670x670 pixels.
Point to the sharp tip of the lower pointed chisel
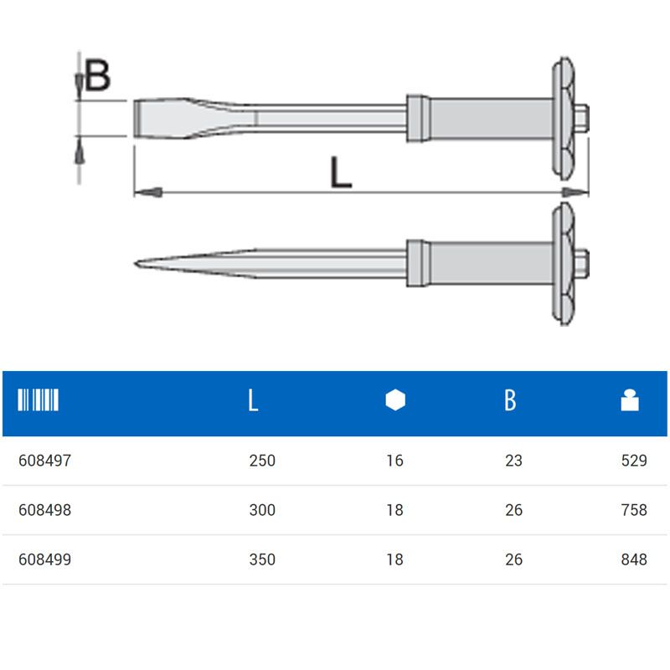pyautogui.click(x=137, y=265)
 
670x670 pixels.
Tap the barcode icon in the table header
pyautogui.click(x=39, y=400)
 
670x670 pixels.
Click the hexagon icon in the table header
pyautogui.click(x=395, y=401)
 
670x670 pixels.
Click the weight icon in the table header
pyautogui.click(x=630, y=401)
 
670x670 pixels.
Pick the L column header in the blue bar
pyautogui.click(x=253, y=401)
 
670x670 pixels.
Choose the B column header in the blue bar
pyautogui.click(x=510, y=401)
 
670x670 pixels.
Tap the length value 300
pyautogui.click(x=262, y=510)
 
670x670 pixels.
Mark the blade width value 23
pyautogui.click(x=513, y=461)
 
